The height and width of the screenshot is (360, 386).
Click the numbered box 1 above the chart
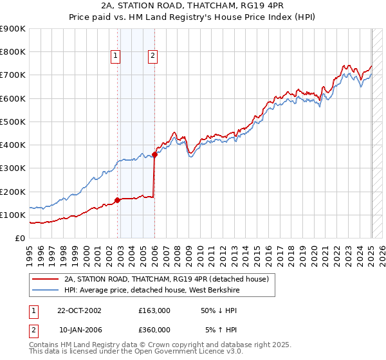point(115,56)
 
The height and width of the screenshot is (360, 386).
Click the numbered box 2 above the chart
point(152,56)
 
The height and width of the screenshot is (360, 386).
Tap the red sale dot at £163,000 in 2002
point(118,200)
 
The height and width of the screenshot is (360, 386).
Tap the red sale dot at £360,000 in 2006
point(155,154)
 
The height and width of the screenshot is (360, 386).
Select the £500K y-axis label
point(13,122)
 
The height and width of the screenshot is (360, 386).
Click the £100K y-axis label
point(13,215)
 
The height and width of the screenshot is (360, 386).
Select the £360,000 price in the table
point(154,329)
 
